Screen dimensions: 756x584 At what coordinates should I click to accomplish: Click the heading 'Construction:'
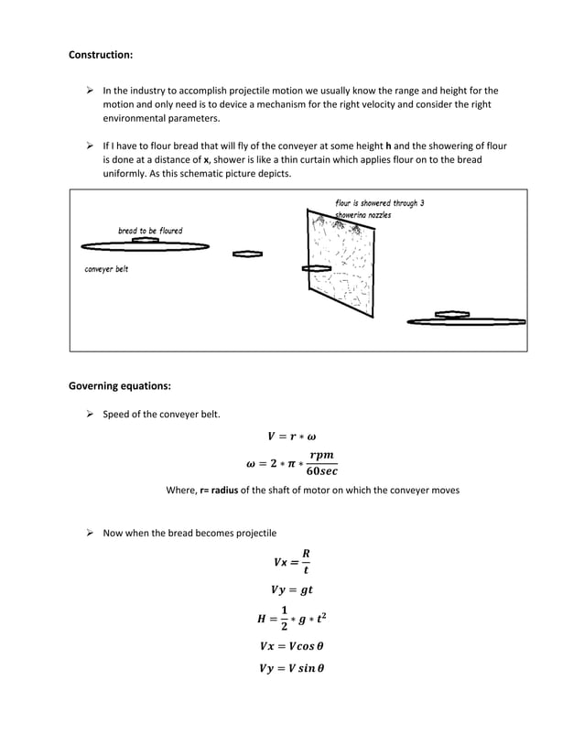(101, 55)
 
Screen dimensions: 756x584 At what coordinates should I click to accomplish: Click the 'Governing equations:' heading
(120, 386)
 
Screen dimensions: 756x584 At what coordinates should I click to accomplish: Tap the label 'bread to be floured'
(150, 231)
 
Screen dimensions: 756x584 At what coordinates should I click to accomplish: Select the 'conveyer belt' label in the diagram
(106, 269)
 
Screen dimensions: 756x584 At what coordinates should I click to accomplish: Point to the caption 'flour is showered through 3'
(379, 203)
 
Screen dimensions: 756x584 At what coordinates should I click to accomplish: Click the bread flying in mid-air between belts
(248, 254)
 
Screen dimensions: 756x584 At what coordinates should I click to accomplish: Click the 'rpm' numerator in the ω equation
(320, 455)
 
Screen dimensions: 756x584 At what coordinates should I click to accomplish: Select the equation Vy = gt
(292, 590)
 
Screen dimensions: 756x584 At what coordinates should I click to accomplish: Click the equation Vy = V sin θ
(292, 667)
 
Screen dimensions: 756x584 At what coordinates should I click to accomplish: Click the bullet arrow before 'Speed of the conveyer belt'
(91, 414)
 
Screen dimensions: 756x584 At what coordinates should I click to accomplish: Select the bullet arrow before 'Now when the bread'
(91, 533)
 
